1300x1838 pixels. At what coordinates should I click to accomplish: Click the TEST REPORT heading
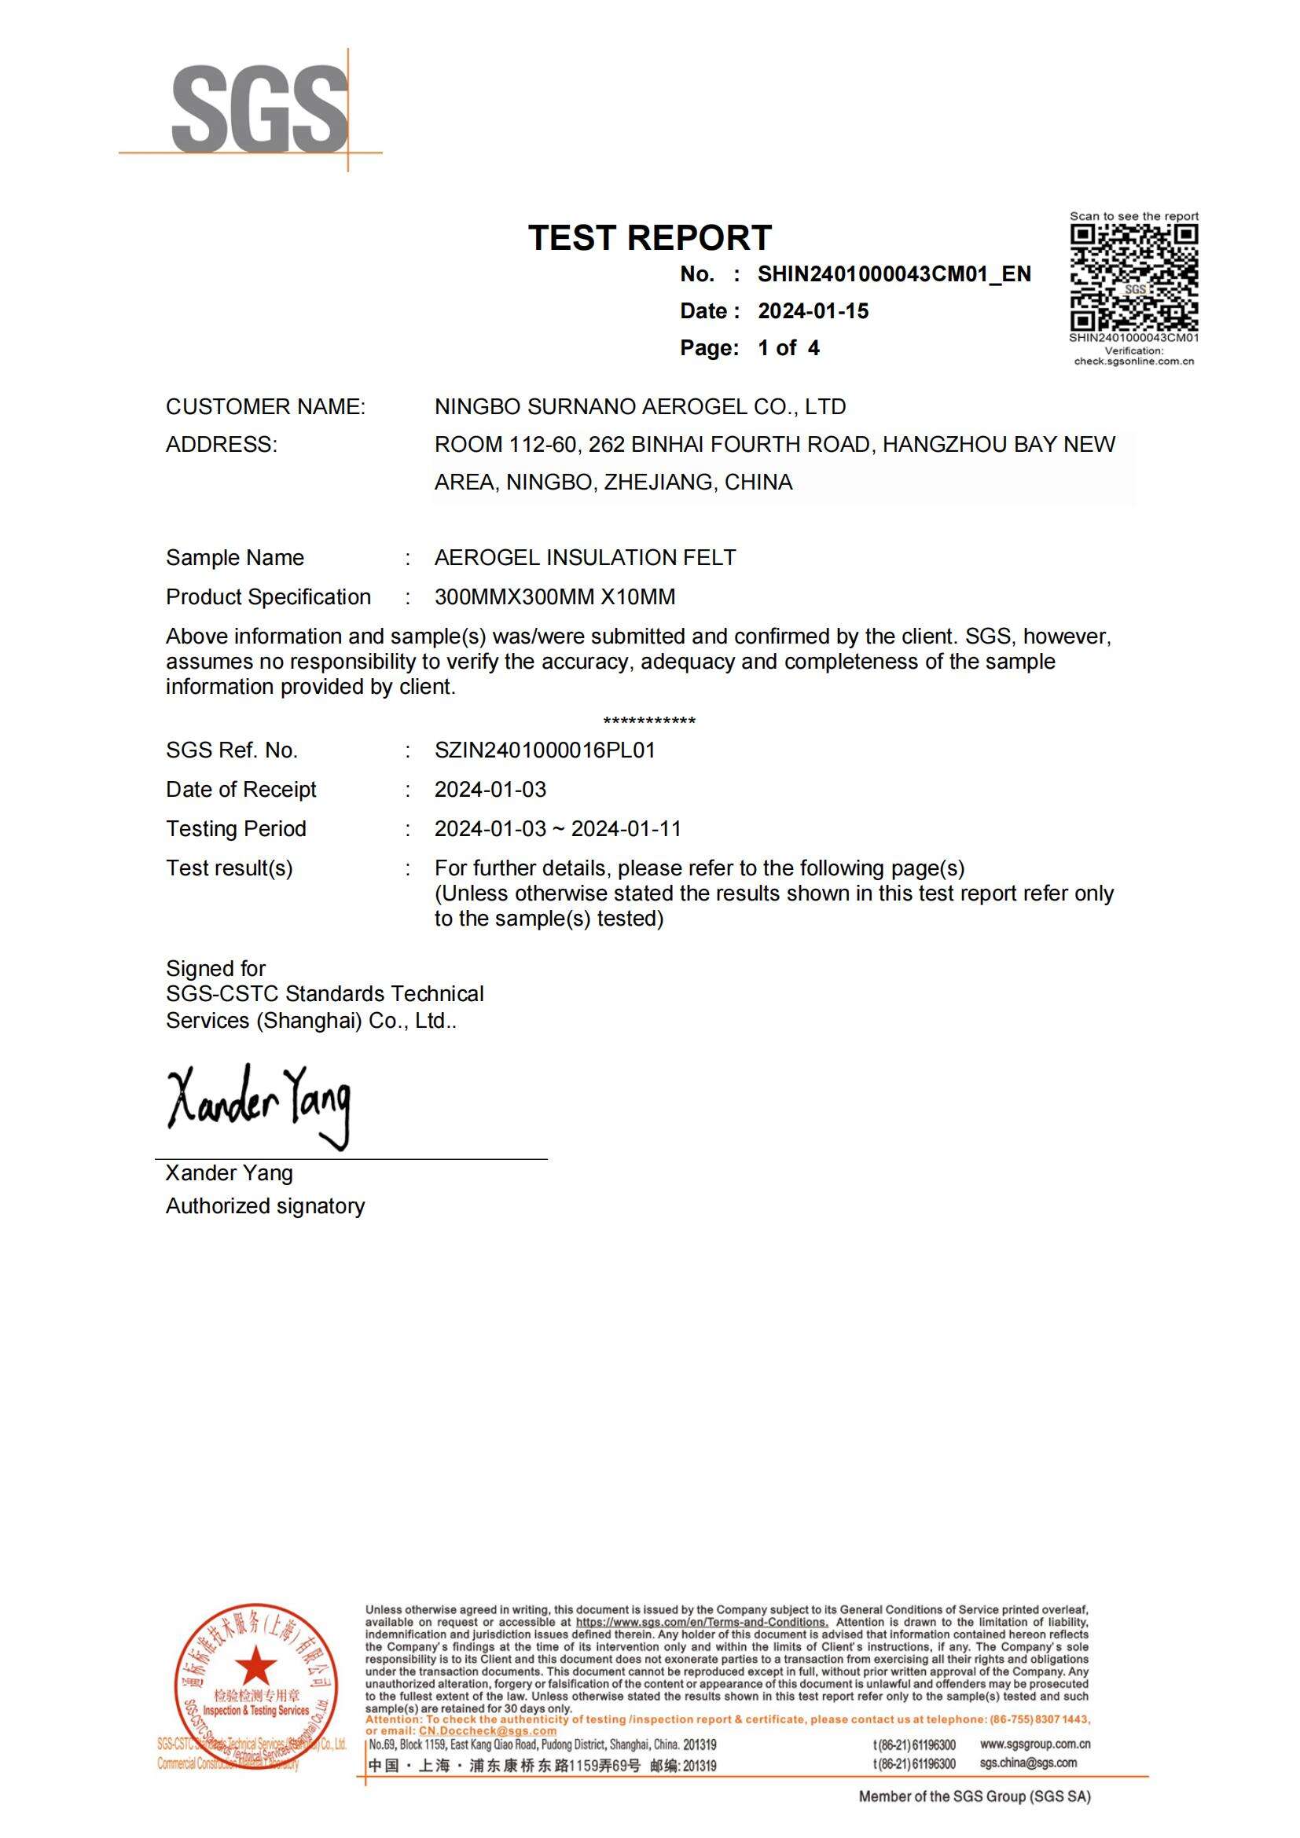(x=649, y=238)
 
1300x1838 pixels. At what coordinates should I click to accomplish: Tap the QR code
(x=1133, y=277)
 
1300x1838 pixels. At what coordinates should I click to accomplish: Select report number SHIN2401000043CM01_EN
(x=894, y=274)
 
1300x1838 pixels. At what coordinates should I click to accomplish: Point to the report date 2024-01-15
(x=813, y=311)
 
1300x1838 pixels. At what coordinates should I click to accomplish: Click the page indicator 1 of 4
(x=788, y=348)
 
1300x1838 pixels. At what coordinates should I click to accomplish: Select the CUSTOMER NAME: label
(x=265, y=407)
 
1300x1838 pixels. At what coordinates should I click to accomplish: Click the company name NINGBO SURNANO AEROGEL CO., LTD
(x=640, y=407)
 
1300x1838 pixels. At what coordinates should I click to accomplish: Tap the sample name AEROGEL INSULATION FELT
(x=584, y=558)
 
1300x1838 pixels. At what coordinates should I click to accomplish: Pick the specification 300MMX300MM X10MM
(x=555, y=597)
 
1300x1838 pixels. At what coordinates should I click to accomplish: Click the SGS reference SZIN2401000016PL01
(x=545, y=751)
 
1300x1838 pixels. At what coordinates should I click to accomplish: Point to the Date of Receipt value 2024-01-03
(x=490, y=790)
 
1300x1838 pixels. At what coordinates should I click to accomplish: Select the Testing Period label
(x=235, y=829)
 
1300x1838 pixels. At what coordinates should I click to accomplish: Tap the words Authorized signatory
(x=265, y=1206)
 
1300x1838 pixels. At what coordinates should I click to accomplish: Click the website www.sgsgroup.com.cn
(x=1034, y=1744)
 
